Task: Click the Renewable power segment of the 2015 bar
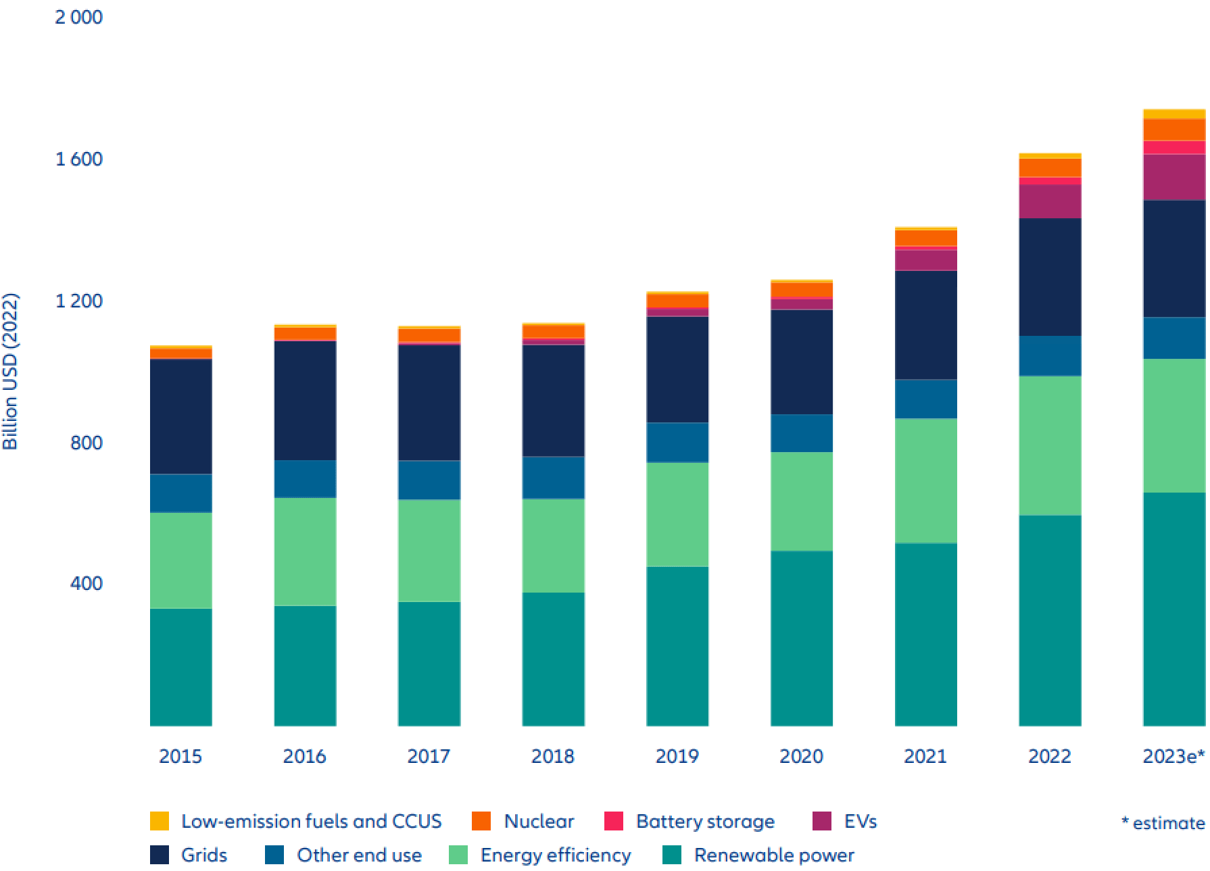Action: coord(180,667)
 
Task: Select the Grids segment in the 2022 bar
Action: coord(1050,277)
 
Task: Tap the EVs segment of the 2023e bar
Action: coord(1173,177)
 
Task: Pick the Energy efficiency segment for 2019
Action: coord(677,514)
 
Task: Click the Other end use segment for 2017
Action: coord(429,480)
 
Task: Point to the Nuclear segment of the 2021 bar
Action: coord(925,238)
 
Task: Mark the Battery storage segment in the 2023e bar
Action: coord(1173,147)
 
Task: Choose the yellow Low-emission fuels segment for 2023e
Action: coord(1173,114)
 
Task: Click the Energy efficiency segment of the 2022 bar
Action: coord(1050,445)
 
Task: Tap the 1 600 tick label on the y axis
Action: coord(79,159)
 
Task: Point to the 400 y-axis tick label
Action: coord(86,583)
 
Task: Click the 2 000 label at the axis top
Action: coord(79,17)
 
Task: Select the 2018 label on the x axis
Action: coord(552,756)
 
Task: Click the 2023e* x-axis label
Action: coord(1173,756)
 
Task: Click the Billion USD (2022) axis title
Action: coord(10,371)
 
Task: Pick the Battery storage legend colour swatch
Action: coord(613,821)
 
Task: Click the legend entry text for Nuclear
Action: coord(539,821)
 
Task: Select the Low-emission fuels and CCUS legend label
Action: coord(311,821)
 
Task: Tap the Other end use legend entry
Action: coord(359,855)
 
